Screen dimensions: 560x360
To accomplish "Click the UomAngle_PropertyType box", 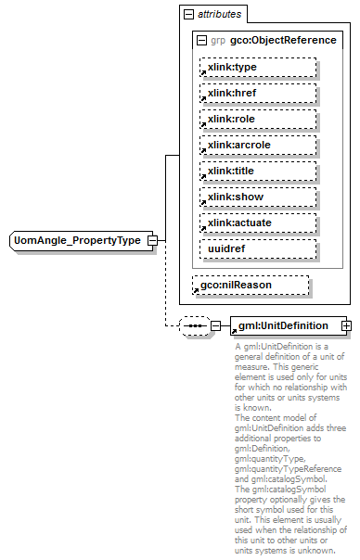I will pos(77,240).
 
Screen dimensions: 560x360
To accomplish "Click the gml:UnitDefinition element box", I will pos(284,325).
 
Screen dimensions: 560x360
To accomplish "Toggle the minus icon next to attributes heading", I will pos(189,15).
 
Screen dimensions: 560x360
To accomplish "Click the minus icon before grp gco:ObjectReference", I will pos(202,41).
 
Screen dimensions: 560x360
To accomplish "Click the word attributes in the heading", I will pos(220,15).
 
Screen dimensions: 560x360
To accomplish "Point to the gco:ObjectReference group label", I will pos(283,41).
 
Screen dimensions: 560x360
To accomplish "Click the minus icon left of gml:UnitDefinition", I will pos(216,325).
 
